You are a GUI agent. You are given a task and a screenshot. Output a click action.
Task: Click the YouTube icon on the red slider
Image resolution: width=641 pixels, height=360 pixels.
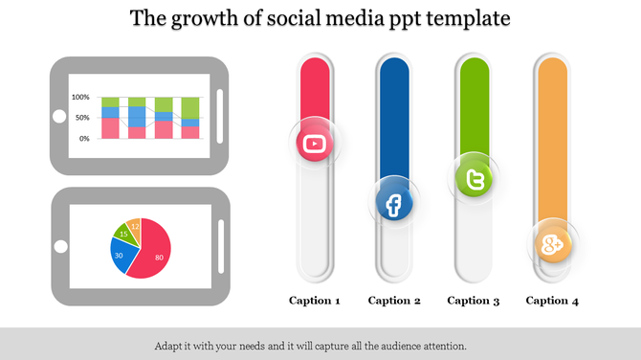tap(314, 145)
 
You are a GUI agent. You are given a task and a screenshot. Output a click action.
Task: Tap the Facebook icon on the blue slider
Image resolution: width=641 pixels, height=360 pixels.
tap(393, 203)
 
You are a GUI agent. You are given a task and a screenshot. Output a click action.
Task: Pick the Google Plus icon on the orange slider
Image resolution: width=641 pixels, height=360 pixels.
tap(552, 245)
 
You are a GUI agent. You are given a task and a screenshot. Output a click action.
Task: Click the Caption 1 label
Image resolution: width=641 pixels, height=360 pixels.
tap(315, 301)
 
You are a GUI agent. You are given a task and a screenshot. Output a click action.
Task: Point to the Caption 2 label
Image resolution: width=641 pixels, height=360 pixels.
tap(394, 301)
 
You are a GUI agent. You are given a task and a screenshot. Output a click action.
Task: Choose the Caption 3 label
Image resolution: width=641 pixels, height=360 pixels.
tap(474, 301)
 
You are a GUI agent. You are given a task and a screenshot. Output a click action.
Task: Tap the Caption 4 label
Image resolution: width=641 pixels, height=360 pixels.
tap(553, 301)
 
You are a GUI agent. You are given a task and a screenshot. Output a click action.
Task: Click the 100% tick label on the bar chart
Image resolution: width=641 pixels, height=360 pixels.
tap(80, 98)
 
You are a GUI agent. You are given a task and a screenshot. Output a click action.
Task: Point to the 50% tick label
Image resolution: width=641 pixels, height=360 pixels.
tap(82, 118)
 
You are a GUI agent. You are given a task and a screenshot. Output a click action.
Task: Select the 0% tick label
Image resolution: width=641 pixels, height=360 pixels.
tap(84, 139)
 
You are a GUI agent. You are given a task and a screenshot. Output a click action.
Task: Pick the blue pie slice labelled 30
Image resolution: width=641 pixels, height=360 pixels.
tap(120, 255)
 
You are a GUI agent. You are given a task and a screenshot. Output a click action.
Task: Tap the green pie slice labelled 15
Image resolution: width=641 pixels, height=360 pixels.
tap(123, 233)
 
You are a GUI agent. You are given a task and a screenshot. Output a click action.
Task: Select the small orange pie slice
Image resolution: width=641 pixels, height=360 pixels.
tap(135, 226)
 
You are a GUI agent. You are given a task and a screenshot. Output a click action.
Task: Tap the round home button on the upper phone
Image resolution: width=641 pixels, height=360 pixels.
tap(59, 117)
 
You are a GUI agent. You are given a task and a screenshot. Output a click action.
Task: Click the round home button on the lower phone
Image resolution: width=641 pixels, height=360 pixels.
tap(59, 247)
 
